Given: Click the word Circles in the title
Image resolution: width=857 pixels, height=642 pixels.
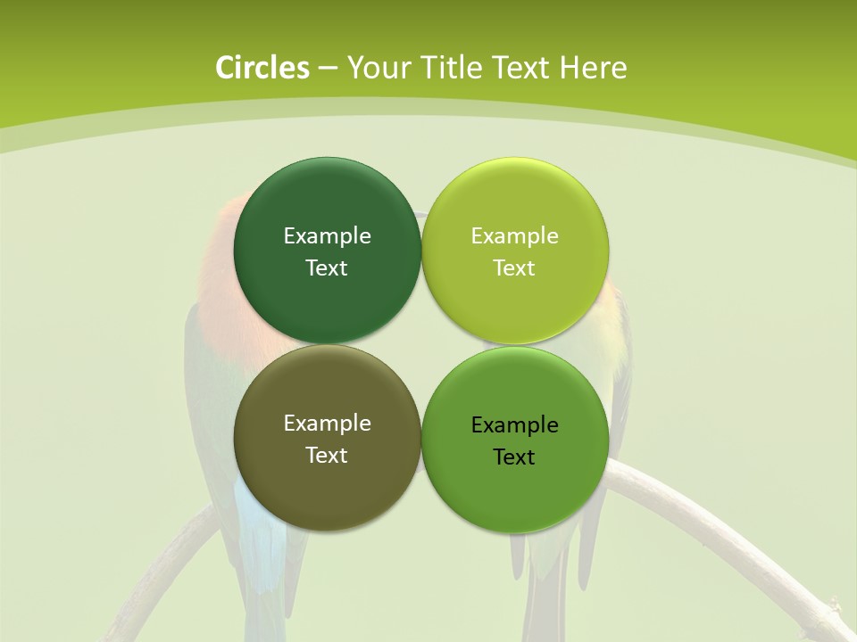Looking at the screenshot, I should [x=262, y=68].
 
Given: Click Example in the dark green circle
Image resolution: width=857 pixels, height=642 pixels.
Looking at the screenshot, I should [x=327, y=235].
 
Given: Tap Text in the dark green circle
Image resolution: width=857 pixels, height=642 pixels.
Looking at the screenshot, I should [x=327, y=267].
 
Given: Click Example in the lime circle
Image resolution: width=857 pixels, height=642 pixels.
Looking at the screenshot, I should [x=514, y=235].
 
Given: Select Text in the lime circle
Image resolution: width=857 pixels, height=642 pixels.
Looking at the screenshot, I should [x=514, y=267].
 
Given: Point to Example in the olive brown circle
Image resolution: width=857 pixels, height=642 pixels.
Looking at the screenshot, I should [x=327, y=423].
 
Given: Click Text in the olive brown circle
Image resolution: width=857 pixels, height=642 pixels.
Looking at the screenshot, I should [x=327, y=455].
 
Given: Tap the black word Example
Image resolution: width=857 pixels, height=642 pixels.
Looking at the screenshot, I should [x=514, y=424].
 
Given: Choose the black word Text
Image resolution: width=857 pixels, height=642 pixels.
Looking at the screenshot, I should [x=514, y=457].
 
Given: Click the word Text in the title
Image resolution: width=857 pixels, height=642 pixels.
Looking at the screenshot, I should [x=521, y=68].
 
